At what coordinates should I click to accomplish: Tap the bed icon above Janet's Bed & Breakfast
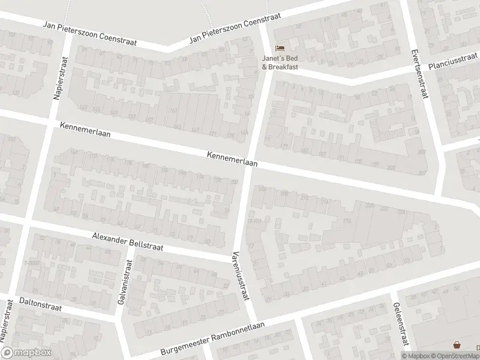pos(279,48)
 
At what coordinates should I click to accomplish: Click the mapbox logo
pos(26,352)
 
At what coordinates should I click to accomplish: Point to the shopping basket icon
pos(458,345)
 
